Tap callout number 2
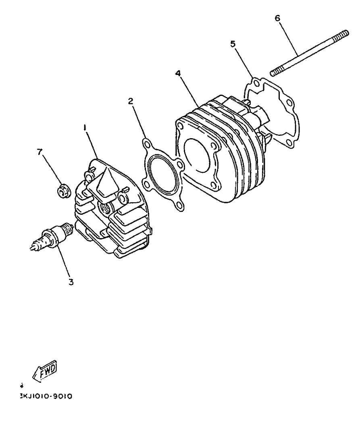tap(131, 101)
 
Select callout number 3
tap(71, 282)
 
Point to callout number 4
tap(177, 73)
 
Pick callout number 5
tap(233, 44)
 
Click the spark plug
tap(52, 238)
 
